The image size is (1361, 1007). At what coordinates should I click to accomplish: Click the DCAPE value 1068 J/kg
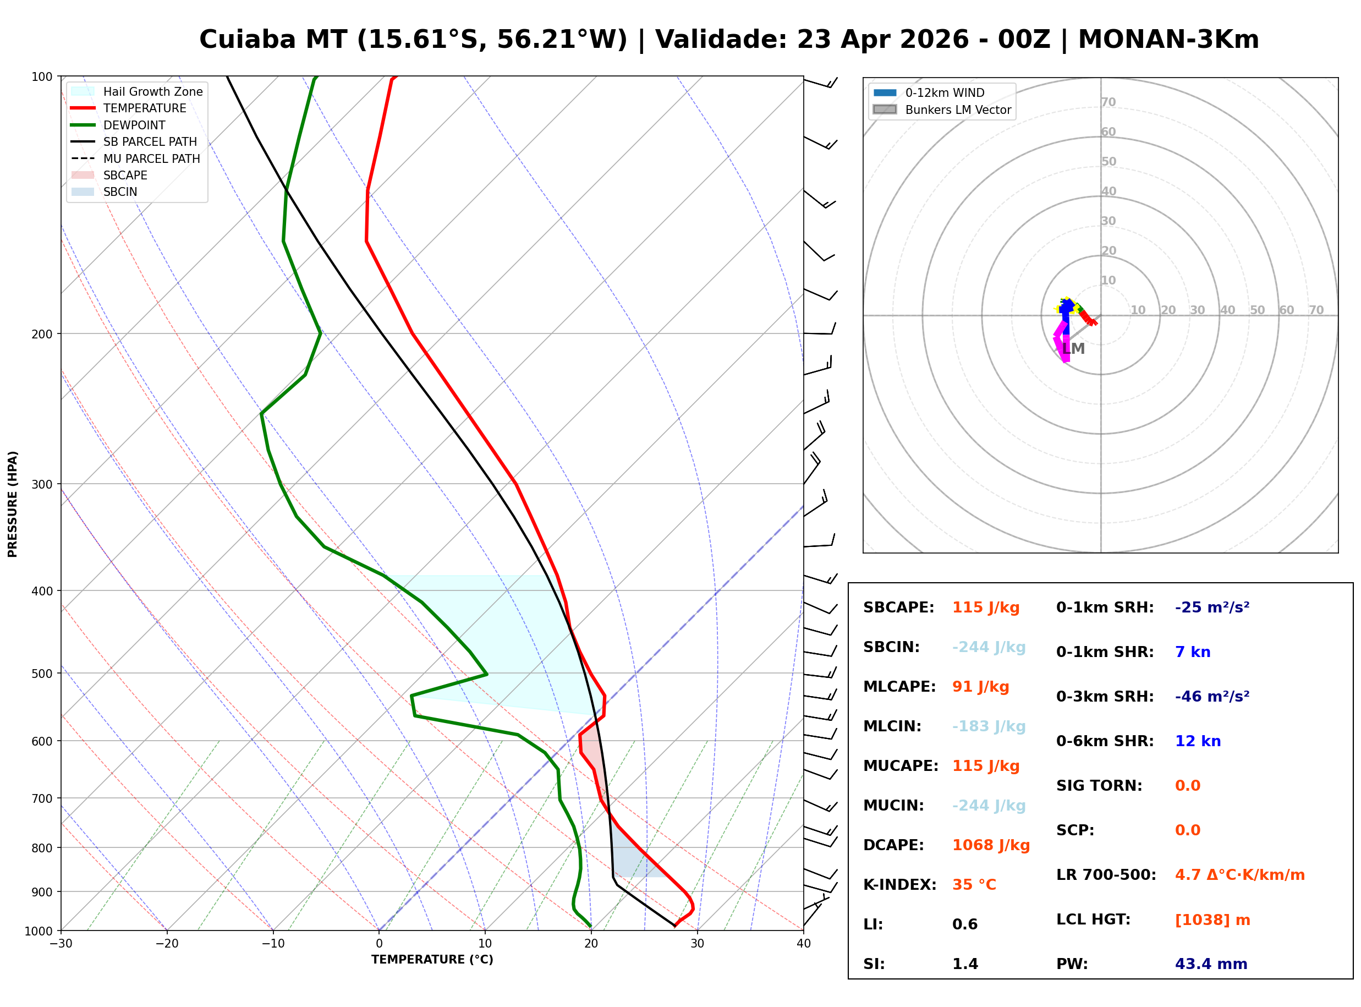991,845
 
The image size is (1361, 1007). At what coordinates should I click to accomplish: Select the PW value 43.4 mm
1210,964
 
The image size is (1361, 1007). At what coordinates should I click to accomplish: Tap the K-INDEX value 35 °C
974,884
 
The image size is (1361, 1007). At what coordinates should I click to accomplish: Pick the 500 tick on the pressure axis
42,674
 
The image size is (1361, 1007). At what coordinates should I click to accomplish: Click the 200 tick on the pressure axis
42,334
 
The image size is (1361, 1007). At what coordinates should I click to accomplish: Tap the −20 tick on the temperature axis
166,944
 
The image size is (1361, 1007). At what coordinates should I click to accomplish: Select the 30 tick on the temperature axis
697,944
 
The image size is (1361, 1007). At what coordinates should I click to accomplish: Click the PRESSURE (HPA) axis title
13,503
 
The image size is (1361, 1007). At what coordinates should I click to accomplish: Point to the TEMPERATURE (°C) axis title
432,960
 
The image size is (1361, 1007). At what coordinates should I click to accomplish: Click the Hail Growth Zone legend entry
152,91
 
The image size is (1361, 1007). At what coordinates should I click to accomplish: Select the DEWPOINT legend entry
134,125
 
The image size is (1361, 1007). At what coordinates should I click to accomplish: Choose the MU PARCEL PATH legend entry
151,158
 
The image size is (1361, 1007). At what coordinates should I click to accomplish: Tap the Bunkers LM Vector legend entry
958,110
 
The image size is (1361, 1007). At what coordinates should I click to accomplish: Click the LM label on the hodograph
1073,349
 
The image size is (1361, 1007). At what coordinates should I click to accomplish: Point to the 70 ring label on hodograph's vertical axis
1108,102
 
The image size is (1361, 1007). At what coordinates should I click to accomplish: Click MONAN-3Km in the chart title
1168,40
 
